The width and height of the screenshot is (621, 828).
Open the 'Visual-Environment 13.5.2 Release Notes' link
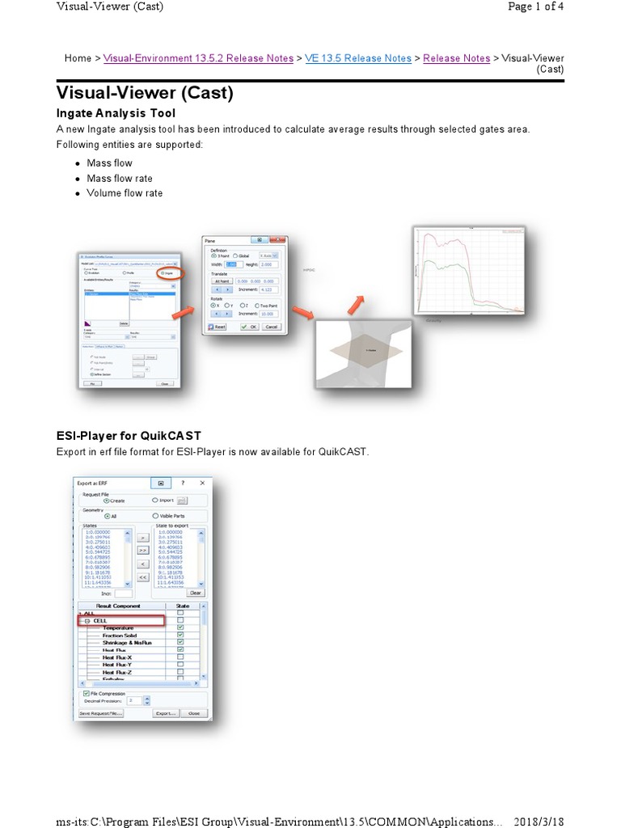click(x=199, y=58)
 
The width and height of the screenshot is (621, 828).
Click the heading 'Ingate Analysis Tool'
click(x=116, y=113)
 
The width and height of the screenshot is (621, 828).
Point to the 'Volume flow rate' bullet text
click(x=125, y=193)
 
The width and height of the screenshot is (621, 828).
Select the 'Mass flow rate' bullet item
click(x=120, y=178)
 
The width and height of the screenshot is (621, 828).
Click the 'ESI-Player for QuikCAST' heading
click(x=129, y=435)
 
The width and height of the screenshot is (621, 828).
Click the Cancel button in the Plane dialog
click(x=271, y=327)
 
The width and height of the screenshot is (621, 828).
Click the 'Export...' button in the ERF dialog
click(x=166, y=713)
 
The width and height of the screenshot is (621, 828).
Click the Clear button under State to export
click(x=195, y=593)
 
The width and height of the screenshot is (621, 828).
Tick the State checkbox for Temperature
click(x=180, y=627)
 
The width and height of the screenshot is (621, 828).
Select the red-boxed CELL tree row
click(x=120, y=620)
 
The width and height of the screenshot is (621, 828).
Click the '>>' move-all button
click(x=142, y=550)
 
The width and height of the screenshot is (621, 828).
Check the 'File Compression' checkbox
click(x=86, y=693)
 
